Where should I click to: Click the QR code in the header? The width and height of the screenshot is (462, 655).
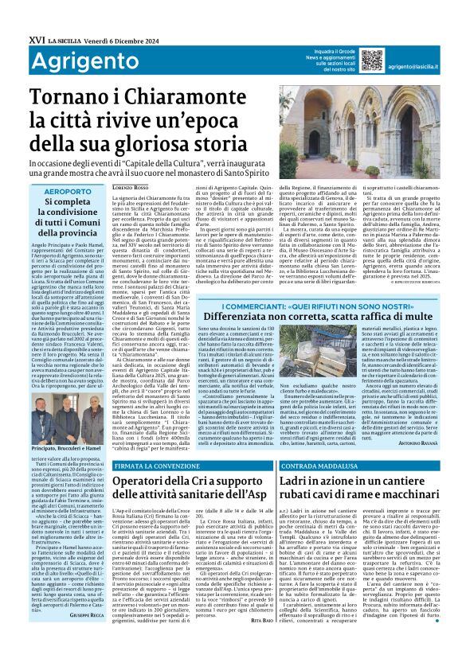point(371,60)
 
